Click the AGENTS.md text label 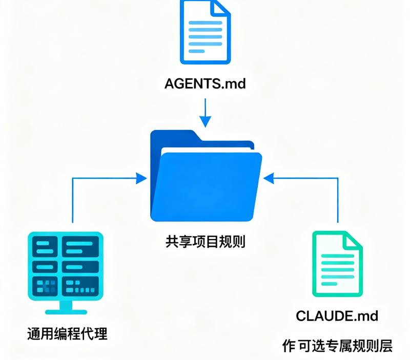click(x=205, y=84)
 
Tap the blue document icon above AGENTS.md click(x=206, y=32)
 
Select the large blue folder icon click(x=206, y=176)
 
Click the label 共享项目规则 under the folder click(x=206, y=242)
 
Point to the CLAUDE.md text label click(x=337, y=316)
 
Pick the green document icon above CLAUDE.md click(x=337, y=264)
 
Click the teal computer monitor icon click(x=66, y=273)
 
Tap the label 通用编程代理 click(x=67, y=333)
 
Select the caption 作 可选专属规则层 click(x=337, y=346)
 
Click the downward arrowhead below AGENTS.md click(x=206, y=121)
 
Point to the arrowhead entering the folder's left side click(x=141, y=178)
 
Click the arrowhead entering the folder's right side click(x=269, y=178)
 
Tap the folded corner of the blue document click(x=220, y=7)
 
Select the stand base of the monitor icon click(x=66, y=312)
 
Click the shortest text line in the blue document click(x=197, y=51)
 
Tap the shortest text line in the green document click(x=329, y=284)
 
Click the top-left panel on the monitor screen click(x=45, y=247)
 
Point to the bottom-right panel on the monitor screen click(x=80, y=286)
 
